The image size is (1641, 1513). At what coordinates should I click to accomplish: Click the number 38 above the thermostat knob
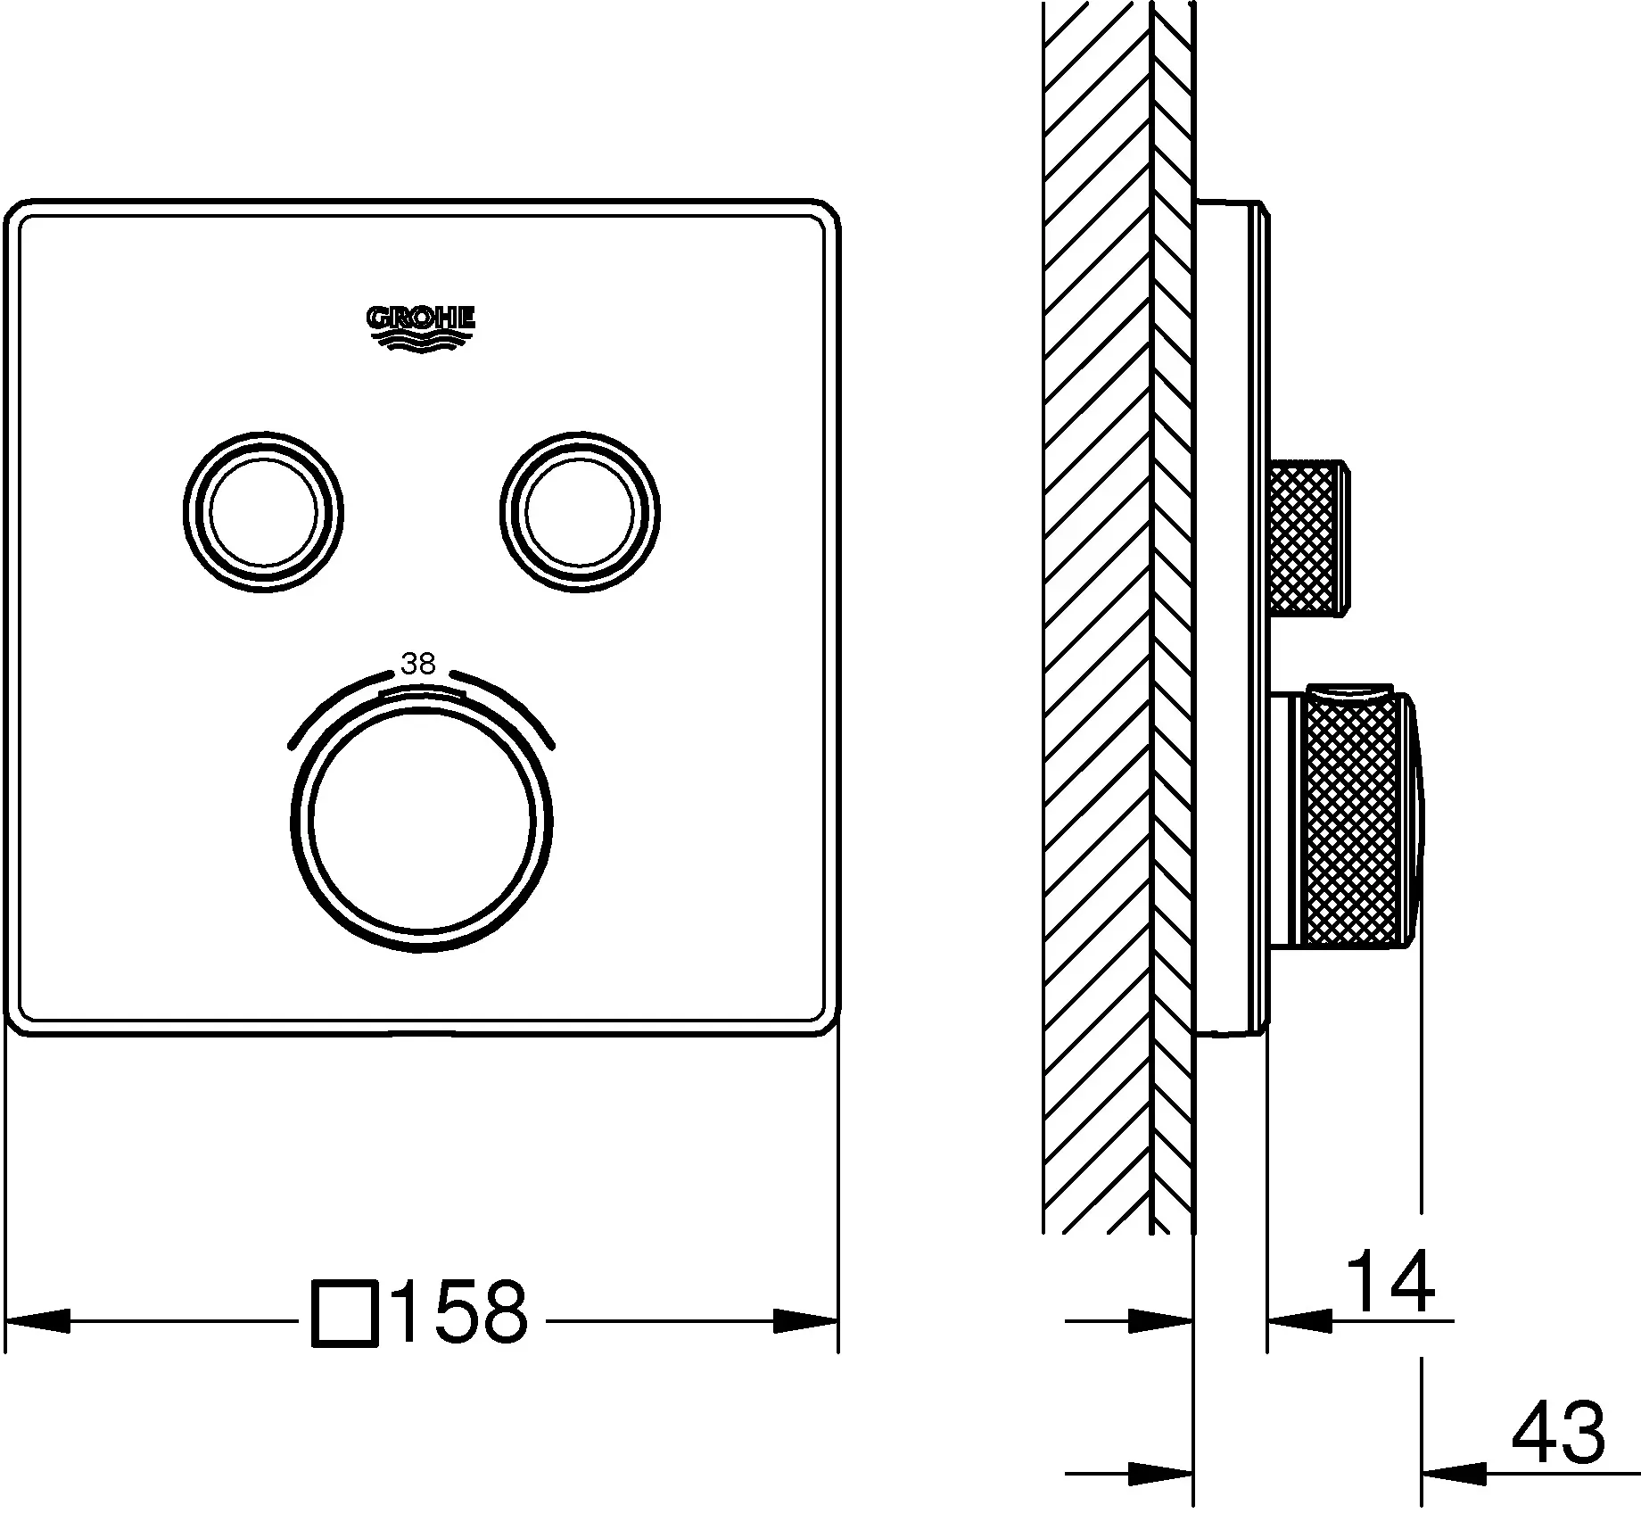click(x=418, y=664)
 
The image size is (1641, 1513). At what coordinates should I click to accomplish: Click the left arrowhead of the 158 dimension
click(x=37, y=1320)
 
